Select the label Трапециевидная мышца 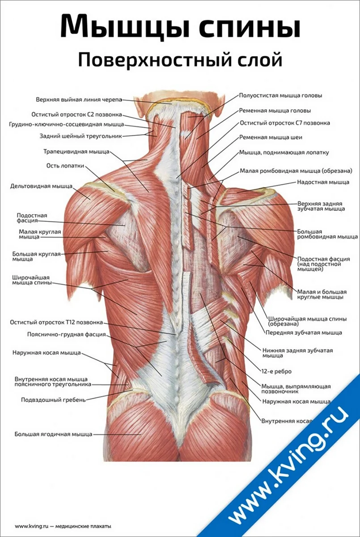coord(76,152)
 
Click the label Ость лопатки coord(65,166)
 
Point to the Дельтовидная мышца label coord(41,186)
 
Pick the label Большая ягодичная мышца coord(53,434)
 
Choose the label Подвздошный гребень coord(53,400)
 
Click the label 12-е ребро coord(276,371)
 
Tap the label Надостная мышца coord(323,182)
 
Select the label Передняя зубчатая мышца coord(304,332)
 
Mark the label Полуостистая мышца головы coord(281,96)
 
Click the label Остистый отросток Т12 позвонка coord(56,323)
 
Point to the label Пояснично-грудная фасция coord(66,334)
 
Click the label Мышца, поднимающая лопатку coord(284,153)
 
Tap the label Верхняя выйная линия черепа coord(79,99)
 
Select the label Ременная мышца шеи coord(271,137)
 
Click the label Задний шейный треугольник coord(80,136)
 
